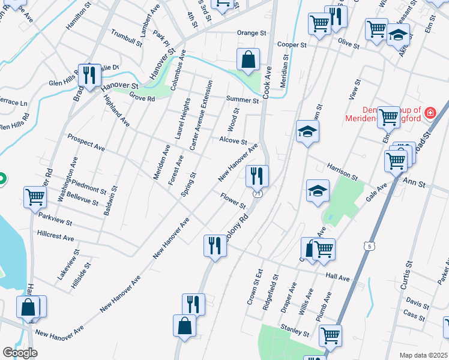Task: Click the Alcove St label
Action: coord(233,141)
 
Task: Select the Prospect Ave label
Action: coord(86,142)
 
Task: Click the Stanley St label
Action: coord(295,329)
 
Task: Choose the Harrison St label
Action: coord(342,170)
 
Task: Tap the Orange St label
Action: coord(251,33)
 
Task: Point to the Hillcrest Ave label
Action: coord(56,234)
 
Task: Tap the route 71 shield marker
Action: coord(258,193)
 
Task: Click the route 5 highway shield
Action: coord(367,245)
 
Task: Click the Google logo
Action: coord(20,353)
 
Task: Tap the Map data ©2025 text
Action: coord(423,355)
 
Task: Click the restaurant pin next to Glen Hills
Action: coord(88,75)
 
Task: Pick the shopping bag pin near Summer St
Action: coord(248,59)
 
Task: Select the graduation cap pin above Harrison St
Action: coord(307,131)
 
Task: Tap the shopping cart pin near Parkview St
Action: coord(35,196)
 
